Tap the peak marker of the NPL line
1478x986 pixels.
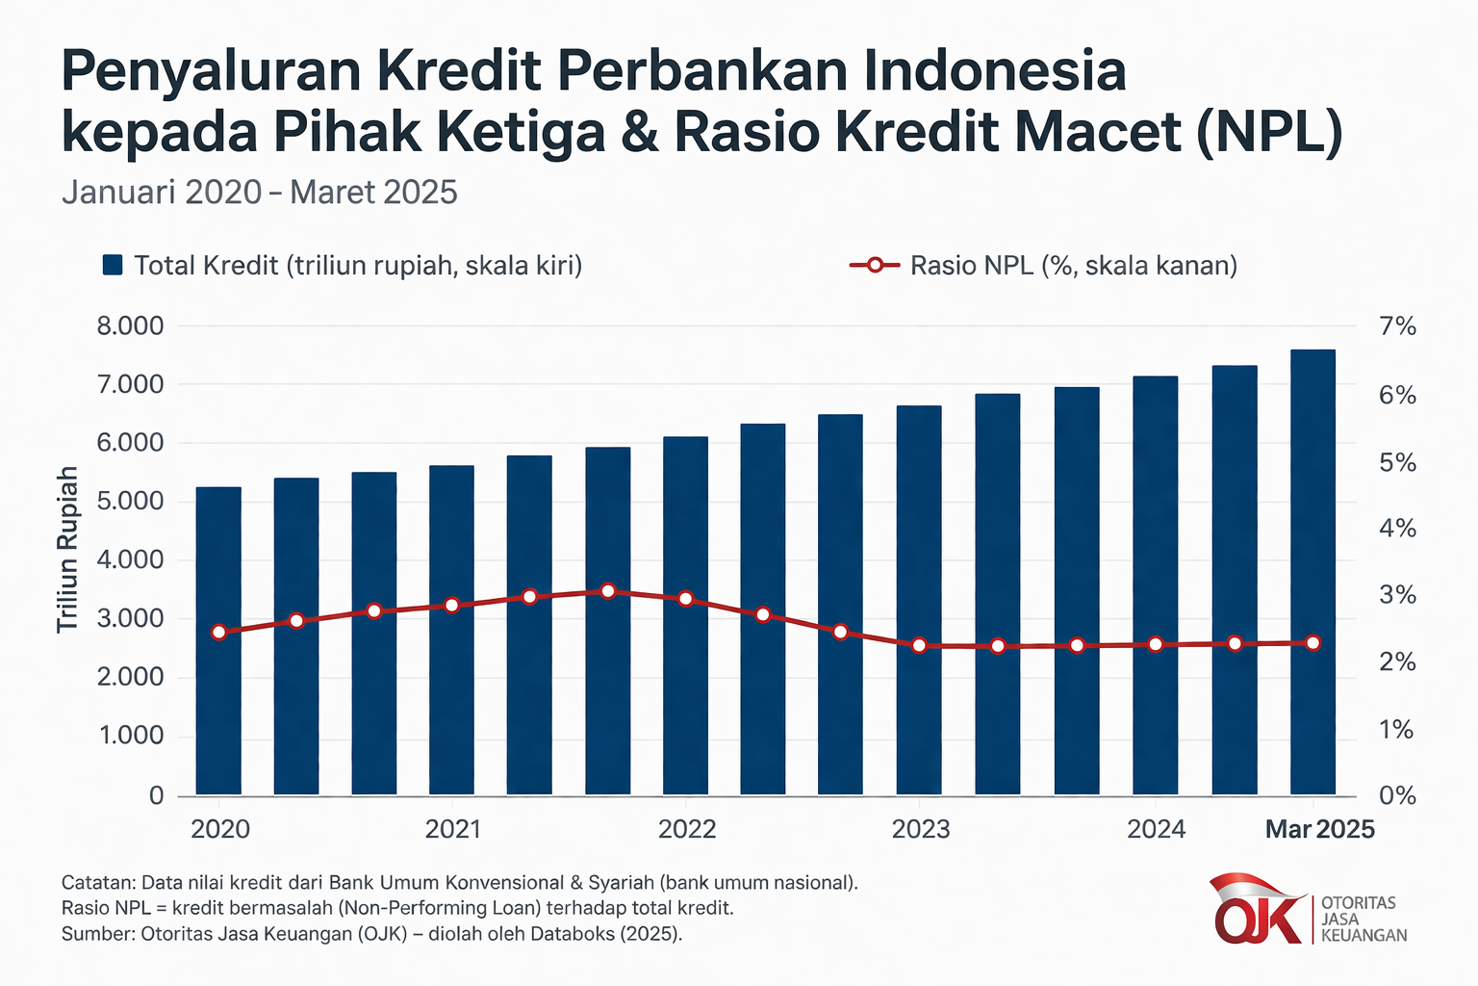[x=607, y=590]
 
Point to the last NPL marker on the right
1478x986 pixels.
[x=1312, y=642]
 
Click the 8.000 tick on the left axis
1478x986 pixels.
[x=130, y=325]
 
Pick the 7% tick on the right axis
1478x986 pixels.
[x=1397, y=326]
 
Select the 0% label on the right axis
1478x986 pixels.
[x=1397, y=795]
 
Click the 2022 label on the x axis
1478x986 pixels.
[x=686, y=829]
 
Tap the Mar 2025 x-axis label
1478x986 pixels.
[x=1319, y=829]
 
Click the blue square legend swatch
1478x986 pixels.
[x=113, y=265]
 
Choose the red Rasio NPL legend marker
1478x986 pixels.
[x=874, y=265]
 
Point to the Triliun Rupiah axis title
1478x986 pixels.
[x=66, y=549]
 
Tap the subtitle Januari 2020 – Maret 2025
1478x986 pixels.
[x=259, y=193]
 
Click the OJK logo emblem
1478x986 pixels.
[x=1257, y=911]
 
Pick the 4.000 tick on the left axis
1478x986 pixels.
[x=130, y=559]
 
